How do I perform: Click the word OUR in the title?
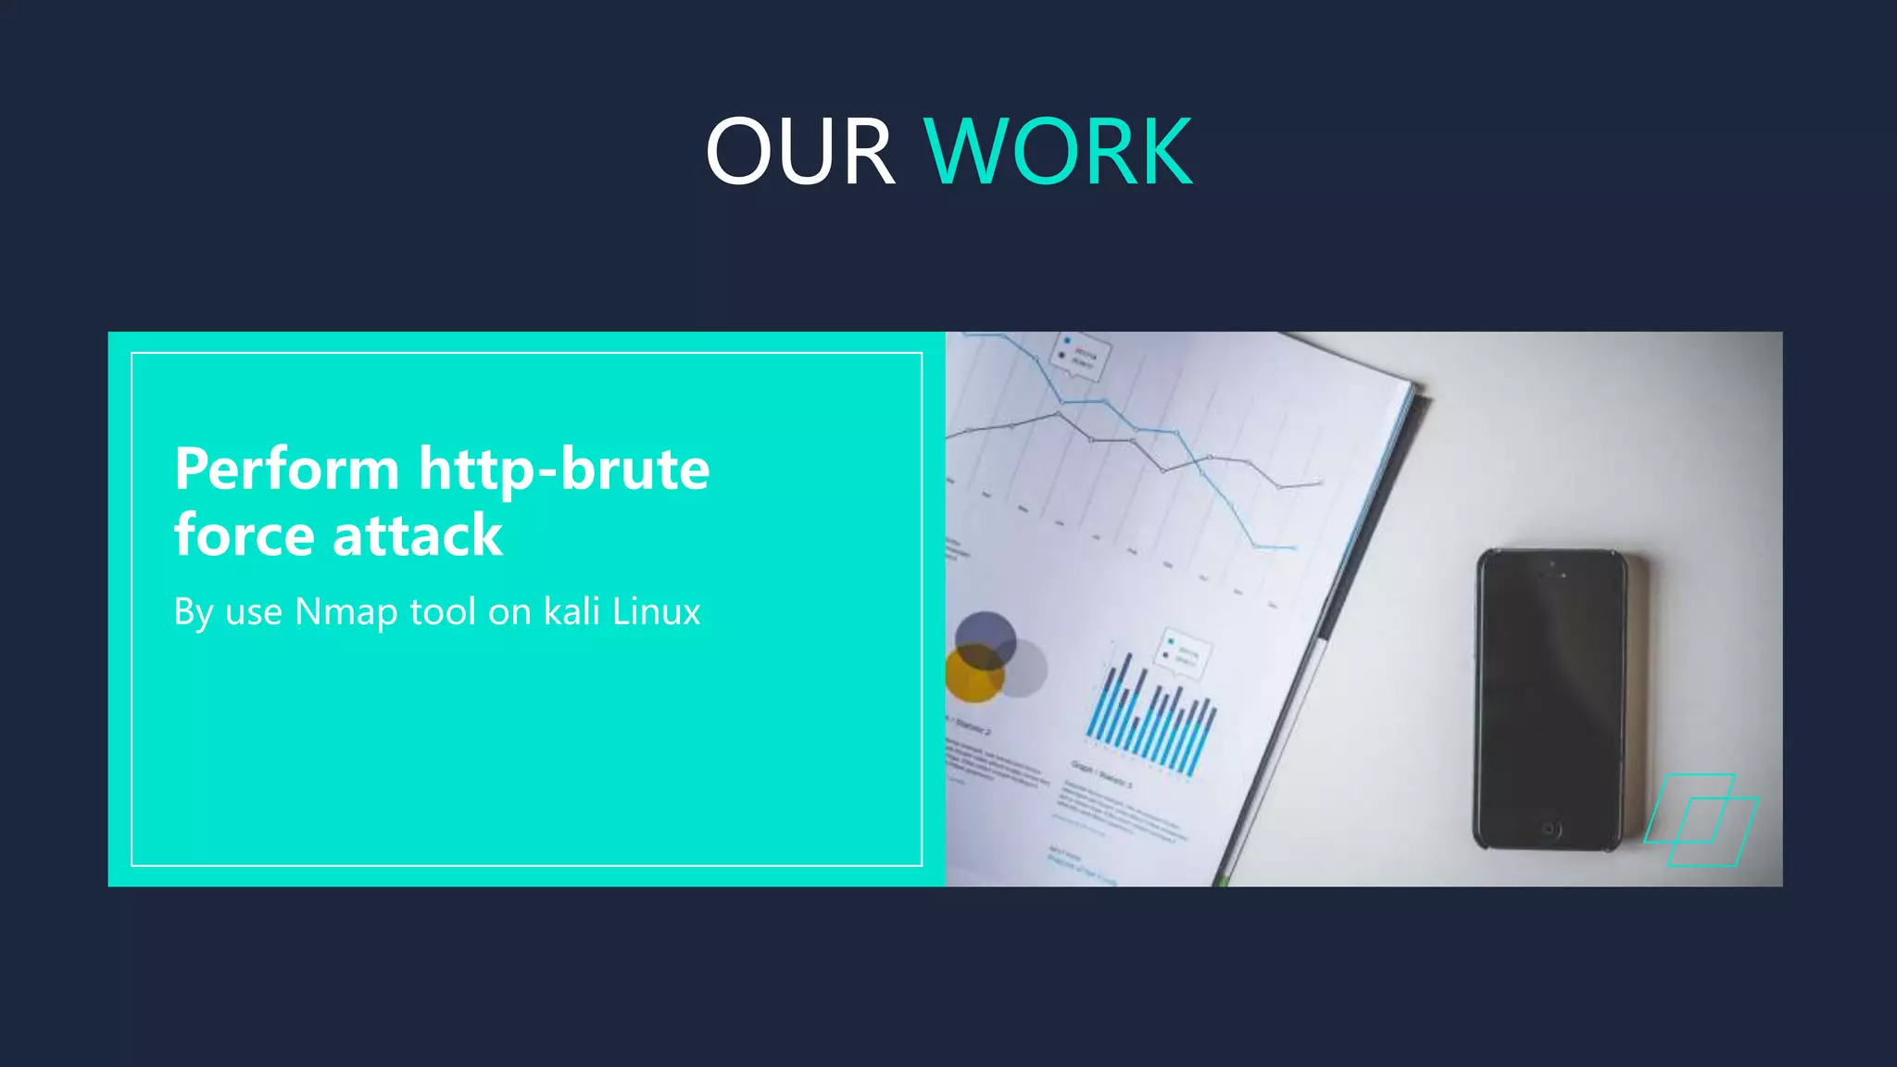point(799,152)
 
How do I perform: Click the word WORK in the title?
point(1058,152)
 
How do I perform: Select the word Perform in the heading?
point(286,469)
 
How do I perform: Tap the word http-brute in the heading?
point(564,469)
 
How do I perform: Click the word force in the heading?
point(245,535)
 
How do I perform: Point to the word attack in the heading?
point(417,535)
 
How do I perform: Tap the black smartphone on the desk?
point(1550,699)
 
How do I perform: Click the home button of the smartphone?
point(1549,828)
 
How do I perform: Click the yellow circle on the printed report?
point(973,674)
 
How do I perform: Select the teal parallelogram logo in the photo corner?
point(1701,821)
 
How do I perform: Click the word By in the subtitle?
point(194,612)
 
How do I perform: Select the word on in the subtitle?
point(509,612)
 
